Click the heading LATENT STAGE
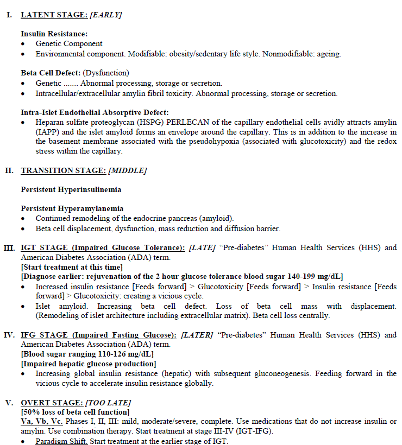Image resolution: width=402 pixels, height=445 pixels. point(54,15)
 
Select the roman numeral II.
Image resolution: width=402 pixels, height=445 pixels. point(9,170)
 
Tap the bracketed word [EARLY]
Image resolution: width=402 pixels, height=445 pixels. point(106,15)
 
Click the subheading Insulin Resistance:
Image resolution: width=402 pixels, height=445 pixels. point(54,34)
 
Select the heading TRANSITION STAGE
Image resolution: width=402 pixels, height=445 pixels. point(63,170)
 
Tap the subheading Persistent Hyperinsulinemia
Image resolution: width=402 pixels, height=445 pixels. point(71,189)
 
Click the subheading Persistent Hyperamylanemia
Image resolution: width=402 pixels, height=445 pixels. point(72,208)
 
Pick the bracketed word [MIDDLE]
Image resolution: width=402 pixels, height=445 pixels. point(128,170)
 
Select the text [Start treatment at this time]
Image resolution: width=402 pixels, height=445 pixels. point(72,266)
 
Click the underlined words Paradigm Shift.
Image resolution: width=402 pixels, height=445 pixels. point(62,441)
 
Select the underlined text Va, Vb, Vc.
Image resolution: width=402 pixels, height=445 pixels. point(42,422)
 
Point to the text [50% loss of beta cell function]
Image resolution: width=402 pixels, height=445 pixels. point(75,412)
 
